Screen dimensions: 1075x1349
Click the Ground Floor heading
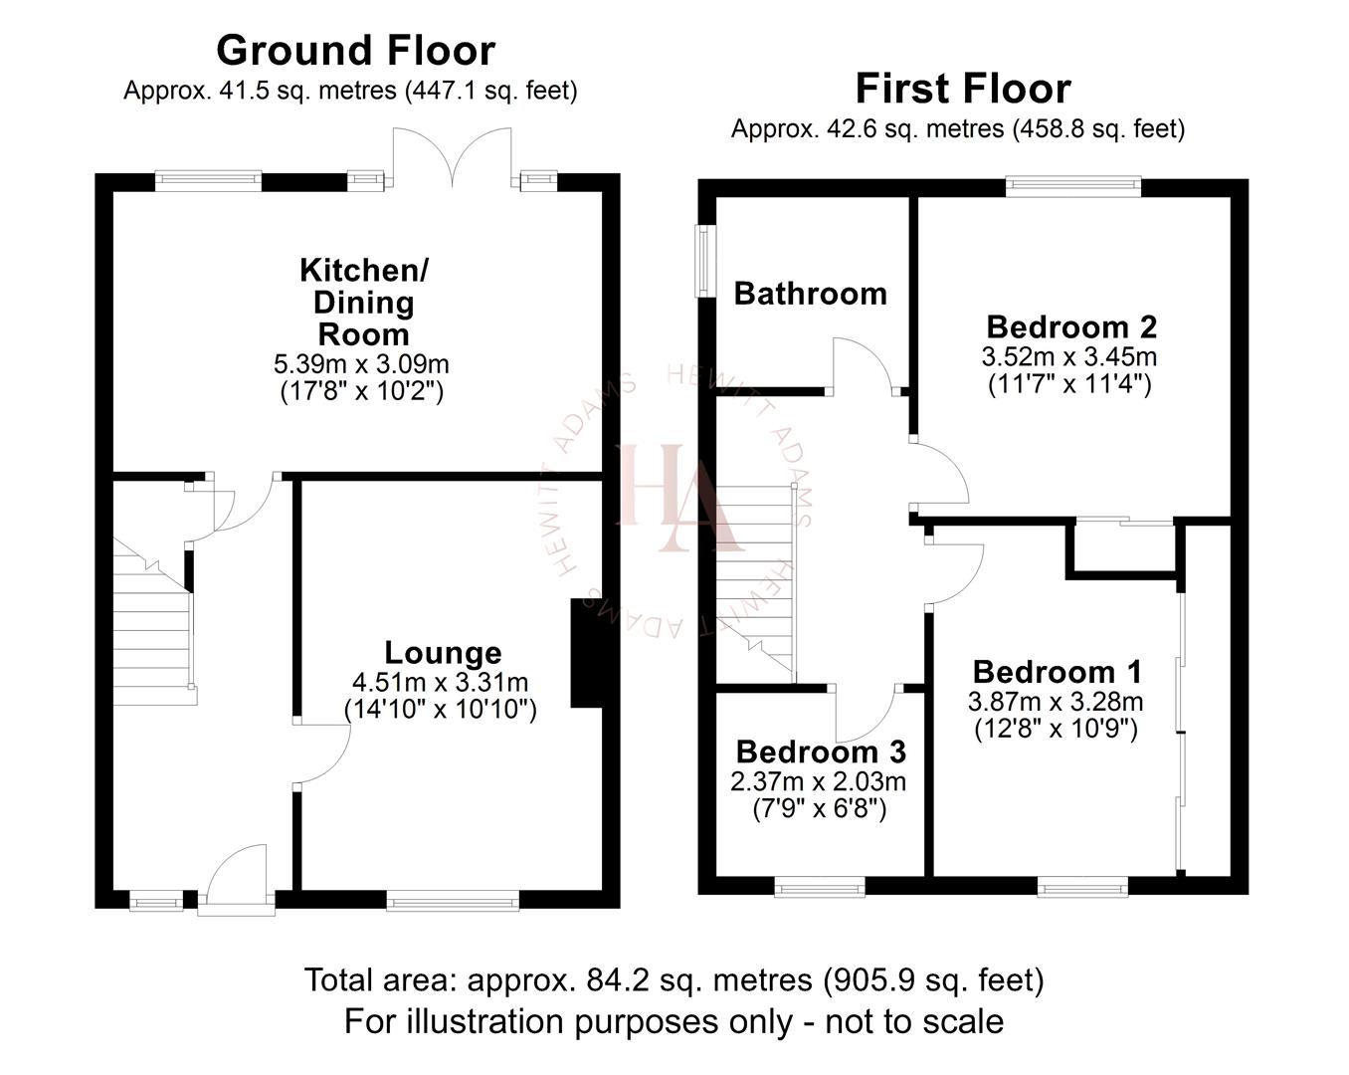pyautogui.click(x=355, y=51)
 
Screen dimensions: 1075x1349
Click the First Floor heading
pyautogui.click(x=962, y=89)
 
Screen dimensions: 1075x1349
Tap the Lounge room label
pyautogui.click(x=443, y=653)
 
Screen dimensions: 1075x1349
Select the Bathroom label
pyautogui.click(x=810, y=294)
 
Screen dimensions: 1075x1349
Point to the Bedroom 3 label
pyautogui.click(x=821, y=752)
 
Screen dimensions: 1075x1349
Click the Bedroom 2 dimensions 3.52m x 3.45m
pyautogui.click(x=1069, y=356)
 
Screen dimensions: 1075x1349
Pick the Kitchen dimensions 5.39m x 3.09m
pyautogui.click(x=361, y=363)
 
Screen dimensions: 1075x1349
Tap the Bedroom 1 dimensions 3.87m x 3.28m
pyautogui.click(x=1056, y=701)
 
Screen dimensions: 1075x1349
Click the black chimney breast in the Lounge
pyautogui.click(x=587, y=653)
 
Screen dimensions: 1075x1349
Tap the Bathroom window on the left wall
pyautogui.click(x=704, y=261)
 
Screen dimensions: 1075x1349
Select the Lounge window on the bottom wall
pyautogui.click(x=453, y=903)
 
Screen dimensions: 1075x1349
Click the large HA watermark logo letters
pyautogui.click(x=679, y=498)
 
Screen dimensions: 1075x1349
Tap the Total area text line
pyautogui.click(x=674, y=980)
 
